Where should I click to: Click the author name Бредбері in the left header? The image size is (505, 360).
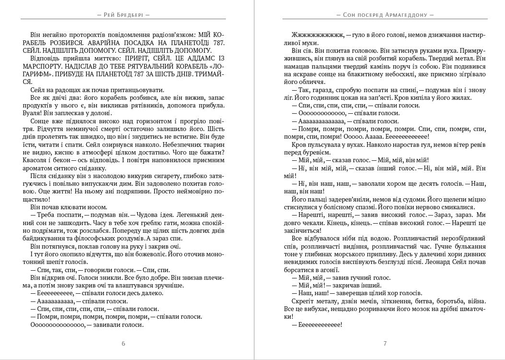(129, 14)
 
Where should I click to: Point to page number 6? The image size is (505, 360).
(124, 343)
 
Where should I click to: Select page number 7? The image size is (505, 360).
(385, 343)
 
